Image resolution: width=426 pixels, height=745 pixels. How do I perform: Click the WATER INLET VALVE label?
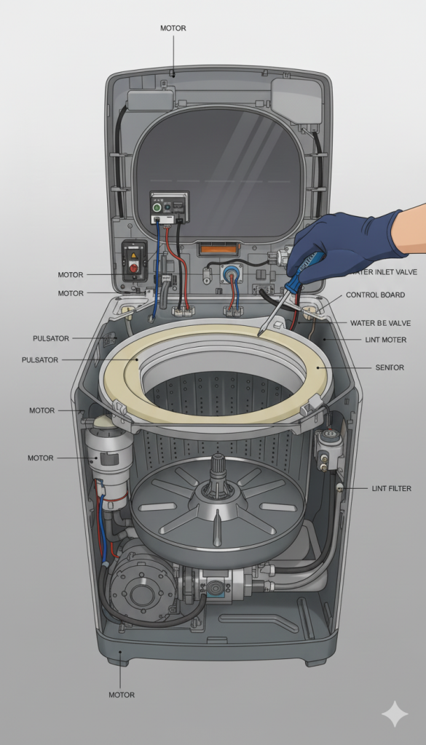[x=383, y=272]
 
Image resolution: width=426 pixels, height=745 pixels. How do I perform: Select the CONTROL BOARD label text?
[x=375, y=295]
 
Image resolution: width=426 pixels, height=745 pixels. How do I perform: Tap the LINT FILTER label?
[x=391, y=488]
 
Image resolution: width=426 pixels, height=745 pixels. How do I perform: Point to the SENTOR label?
[x=390, y=367]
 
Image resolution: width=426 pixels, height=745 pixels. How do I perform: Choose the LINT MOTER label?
[x=386, y=340]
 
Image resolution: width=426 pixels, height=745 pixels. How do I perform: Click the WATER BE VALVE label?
[x=380, y=323]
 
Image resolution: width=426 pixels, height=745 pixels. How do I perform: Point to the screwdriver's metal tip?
[x=259, y=335]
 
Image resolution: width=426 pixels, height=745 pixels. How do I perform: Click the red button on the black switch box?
[x=134, y=268]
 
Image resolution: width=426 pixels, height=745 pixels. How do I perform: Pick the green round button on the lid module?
[x=157, y=207]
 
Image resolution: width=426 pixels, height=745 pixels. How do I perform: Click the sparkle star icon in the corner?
[x=395, y=714]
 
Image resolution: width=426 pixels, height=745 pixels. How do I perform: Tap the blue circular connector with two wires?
[x=231, y=274]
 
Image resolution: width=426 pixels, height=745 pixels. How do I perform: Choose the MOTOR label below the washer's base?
[x=122, y=695]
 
